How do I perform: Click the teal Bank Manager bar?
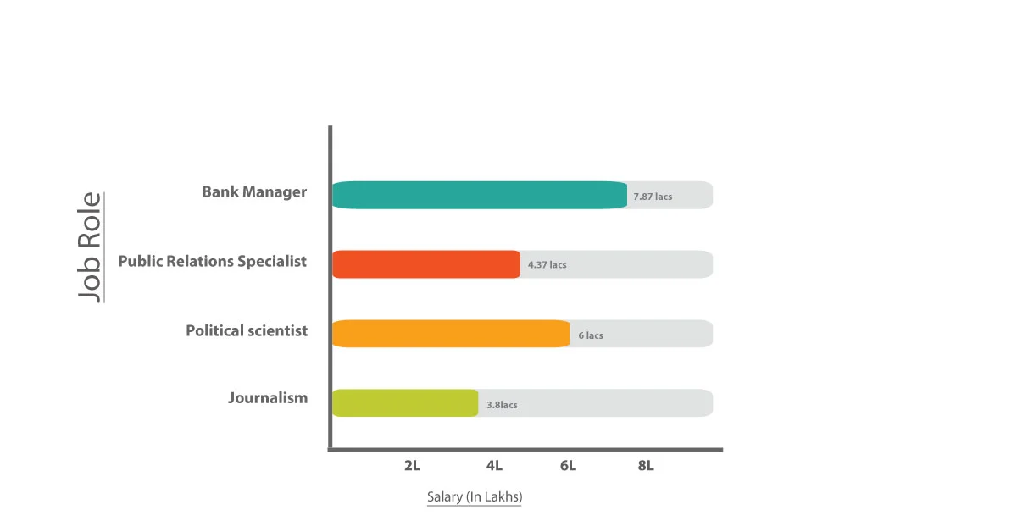click(479, 195)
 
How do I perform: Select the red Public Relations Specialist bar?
click(425, 264)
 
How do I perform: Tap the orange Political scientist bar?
click(450, 334)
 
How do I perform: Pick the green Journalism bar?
click(404, 403)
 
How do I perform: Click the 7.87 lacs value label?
click(653, 197)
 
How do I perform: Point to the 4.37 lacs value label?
click(547, 265)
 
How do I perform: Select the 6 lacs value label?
click(591, 335)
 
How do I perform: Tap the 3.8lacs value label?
click(502, 405)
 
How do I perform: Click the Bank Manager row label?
click(254, 191)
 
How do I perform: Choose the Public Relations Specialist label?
click(212, 261)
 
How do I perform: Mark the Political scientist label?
click(247, 330)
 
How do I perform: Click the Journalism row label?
click(268, 397)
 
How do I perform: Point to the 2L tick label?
click(413, 466)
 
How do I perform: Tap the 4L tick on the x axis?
click(494, 466)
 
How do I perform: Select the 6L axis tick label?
click(568, 466)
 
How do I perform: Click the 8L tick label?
click(646, 466)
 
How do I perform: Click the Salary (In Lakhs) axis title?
click(475, 497)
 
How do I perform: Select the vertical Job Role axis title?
click(90, 246)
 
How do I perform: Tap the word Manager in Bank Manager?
click(275, 191)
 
